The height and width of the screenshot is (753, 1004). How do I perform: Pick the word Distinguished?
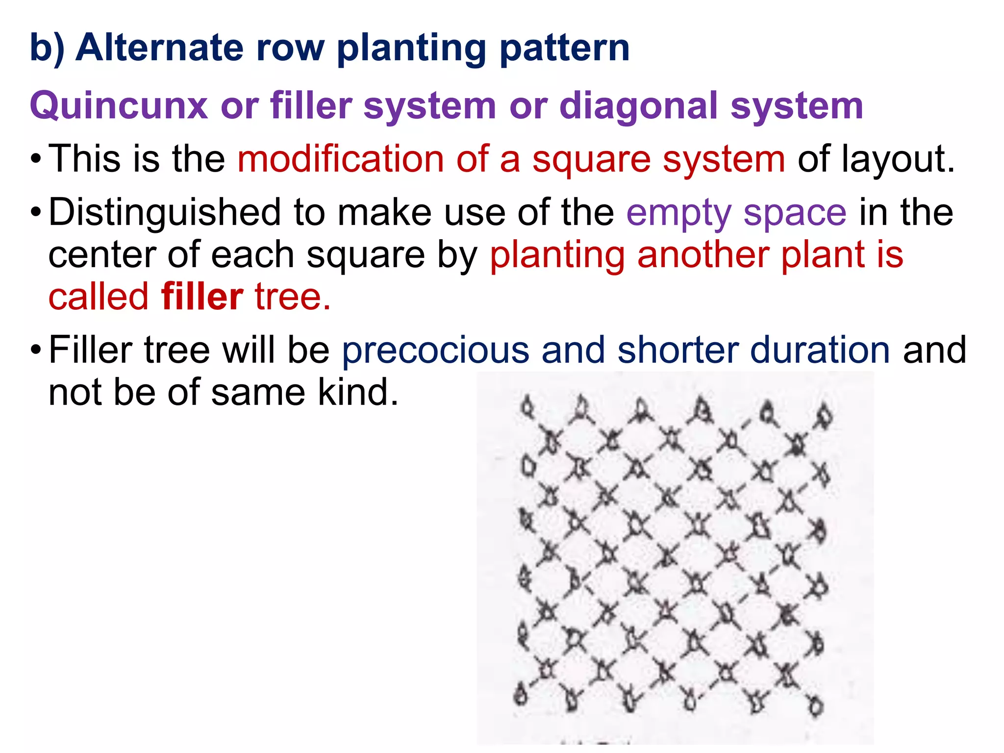point(165,213)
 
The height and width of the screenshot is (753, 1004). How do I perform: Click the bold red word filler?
point(202,297)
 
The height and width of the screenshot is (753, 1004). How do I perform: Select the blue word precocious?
point(435,350)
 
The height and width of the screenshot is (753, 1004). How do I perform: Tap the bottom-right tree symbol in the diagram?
point(816,706)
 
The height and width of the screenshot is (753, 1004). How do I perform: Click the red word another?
point(703,255)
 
